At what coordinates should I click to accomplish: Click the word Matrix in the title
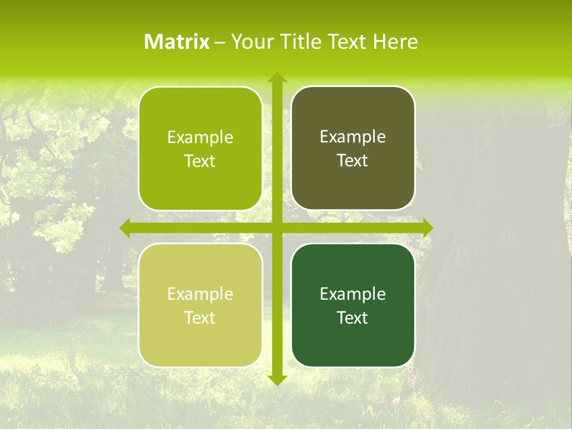pyautogui.click(x=177, y=42)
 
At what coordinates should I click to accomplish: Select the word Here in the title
pyautogui.click(x=395, y=42)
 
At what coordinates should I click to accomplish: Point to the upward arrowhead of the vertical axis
pyautogui.click(x=276, y=77)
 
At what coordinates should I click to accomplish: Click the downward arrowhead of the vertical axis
pyautogui.click(x=276, y=380)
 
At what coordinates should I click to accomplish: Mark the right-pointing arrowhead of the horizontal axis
pyautogui.click(x=428, y=228)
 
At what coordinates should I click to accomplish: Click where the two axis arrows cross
pyautogui.click(x=276, y=228)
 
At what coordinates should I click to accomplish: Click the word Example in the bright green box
pyautogui.click(x=200, y=138)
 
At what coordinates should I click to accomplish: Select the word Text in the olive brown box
pyautogui.click(x=353, y=161)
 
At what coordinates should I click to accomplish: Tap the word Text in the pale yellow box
pyautogui.click(x=200, y=318)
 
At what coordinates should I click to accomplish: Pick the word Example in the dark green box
pyautogui.click(x=353, y=294)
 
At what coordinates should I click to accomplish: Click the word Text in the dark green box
pyautogui.click(x=353, y=318)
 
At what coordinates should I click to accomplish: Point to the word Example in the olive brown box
pyautogui.click(x=353, y=137)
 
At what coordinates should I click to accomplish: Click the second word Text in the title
pyautogui.click(x=348, y=42)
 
